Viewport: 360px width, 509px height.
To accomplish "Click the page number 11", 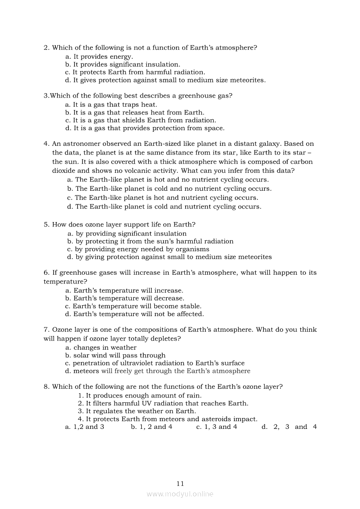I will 180,483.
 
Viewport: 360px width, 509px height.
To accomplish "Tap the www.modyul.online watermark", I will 180,494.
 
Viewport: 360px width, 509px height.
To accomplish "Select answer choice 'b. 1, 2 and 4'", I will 152,427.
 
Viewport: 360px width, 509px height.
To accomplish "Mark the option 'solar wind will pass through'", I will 115,355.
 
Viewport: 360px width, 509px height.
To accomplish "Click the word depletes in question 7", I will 166,338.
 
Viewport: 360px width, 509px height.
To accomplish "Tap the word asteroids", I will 218,419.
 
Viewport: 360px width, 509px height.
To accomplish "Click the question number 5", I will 46,225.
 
